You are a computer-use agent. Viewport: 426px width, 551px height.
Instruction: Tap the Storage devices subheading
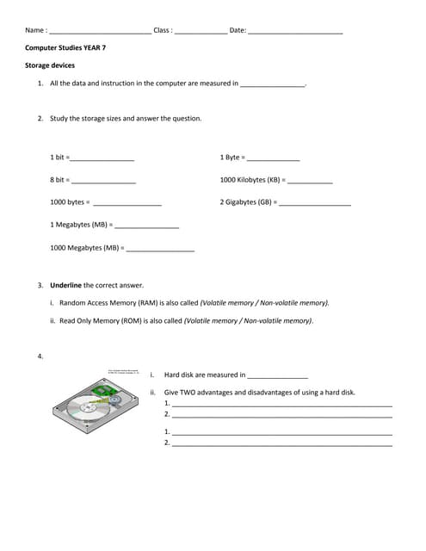(x=50, y=65)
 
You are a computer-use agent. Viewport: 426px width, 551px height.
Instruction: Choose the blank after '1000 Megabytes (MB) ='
(x=160, y=250)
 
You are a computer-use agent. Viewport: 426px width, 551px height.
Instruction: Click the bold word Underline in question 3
(x=65, y=285)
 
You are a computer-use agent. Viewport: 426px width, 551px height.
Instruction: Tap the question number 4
(x=40, y=356)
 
